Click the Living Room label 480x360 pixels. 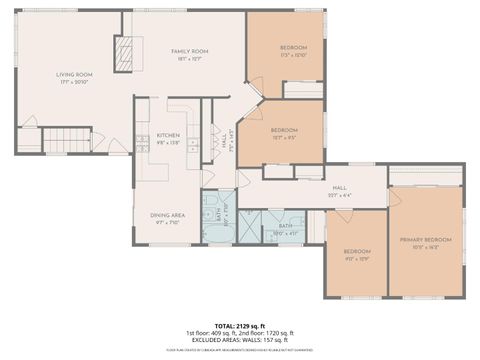coord(73,74)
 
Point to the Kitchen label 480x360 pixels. coord(167,136)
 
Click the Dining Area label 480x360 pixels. coord(167,215)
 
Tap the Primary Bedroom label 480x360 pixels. coord(426,240)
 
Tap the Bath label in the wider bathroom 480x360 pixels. coord(286,227)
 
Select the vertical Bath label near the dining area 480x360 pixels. coord(219,214)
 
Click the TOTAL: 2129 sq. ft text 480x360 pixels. coord(239,325)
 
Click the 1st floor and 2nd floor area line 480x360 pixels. coord(239,332)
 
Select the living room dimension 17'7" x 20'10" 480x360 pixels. coord(73,81)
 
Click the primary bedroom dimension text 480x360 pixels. coord(426,247)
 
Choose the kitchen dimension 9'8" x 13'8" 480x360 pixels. coord(167,143)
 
